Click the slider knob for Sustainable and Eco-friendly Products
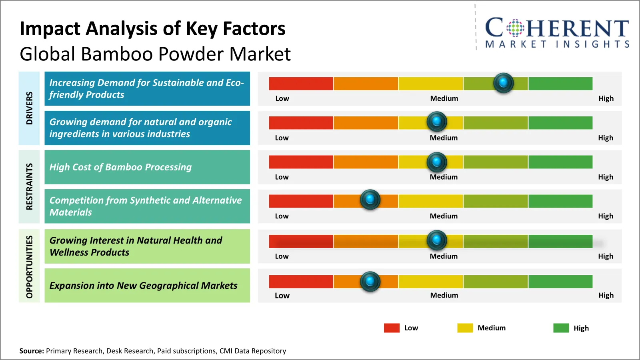pyautogui.click(x=503, y=83)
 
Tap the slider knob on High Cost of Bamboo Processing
pyautogui.click(x=437, y=162)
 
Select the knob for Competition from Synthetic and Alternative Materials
pyautogui.click(x=370, y=199)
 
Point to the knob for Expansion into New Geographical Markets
pyautogui.click(x=370, y=281)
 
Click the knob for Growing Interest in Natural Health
pyautogui.click(x=437, y=240)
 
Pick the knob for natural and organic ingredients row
pyautogui.click(x=437, y=122)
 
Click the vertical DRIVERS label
pyautogui.click(x=29, y=108)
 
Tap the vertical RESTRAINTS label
pyautogui.click(x=29, y=186)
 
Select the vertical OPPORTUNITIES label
pyautogui.click(x=29, y=266)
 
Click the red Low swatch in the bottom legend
pyautogui.click(x=392, y=328)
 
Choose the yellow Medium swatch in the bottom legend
pyautogui.click(x=465, y=328)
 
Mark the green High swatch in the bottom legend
pyautogui.click(x=561, y=328)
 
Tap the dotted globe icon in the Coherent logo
pyautogui.click(x=515, y=28)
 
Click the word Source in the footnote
pyautogui.click(x=31, y=351)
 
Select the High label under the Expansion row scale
pyautogui.click(x=606, y=295)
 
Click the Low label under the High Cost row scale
pyautogui.click(x=282, y=177)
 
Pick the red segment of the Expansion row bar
pyautogui.click(x=301, y=282)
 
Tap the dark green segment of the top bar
pyautogui.click(x=560, y=84)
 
